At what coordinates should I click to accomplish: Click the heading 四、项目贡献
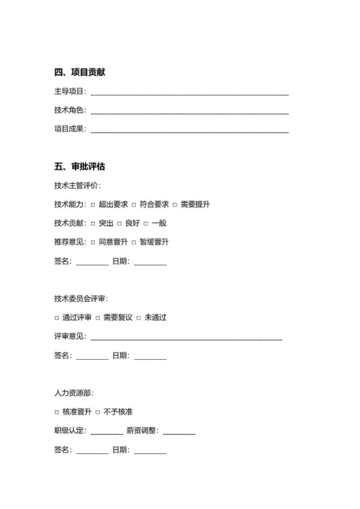coord(80,72)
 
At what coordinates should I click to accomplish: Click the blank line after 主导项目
coord(190,93)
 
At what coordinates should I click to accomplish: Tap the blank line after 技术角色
coord(190,112)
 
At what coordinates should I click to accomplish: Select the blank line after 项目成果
coord(190,131)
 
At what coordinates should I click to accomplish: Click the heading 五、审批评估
coord(80,167)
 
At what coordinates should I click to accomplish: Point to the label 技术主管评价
coord(78,186)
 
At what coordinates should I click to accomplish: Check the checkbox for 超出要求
coord(93,205)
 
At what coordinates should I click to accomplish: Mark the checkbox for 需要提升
coord(174,205)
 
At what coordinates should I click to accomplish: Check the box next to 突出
coord(93,224)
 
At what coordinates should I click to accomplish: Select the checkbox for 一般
coord(145,224)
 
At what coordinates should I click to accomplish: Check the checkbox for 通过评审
coord(57,318)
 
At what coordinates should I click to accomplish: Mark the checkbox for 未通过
coord(139,318)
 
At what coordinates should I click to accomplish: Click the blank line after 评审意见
coord(186,338)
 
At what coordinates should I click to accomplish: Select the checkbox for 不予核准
coord(98,412)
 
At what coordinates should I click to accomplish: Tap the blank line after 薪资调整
coord(179,432)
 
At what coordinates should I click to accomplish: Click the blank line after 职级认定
coord(106,432)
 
